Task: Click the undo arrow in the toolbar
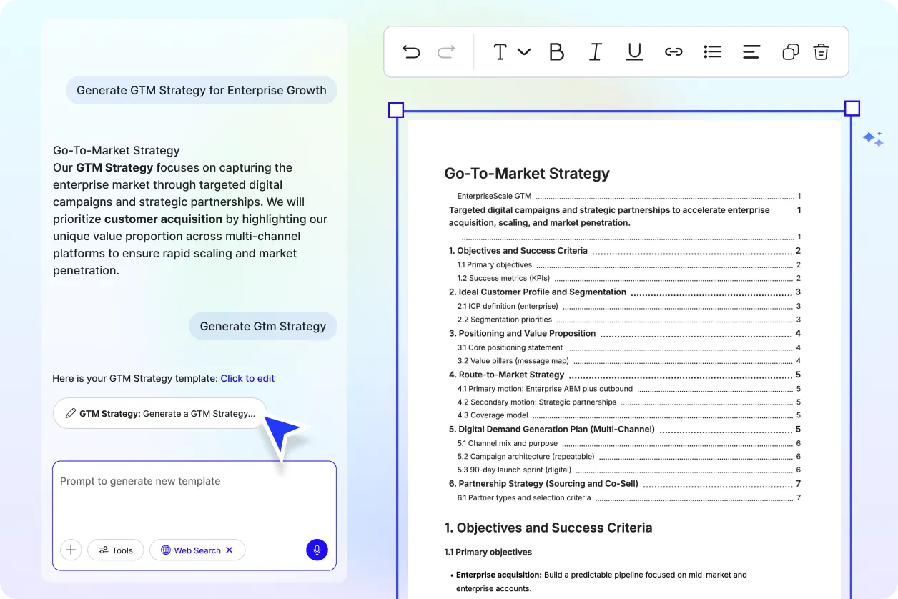(x=411, y=51)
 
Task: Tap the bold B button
(x=556, y=51)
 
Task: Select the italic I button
(x=595, y=51)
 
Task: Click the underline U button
(x=634, y=51)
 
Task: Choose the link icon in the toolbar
(x=673, y=51)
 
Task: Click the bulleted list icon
(x=712, y=51)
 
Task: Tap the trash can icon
(x=821, y=51)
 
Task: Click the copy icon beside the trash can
(x=790, y=51)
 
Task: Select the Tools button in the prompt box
(x=116, y=550)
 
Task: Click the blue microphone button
(x=317, y=550)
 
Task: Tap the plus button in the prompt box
(x=71, y=550)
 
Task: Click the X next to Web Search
(x=230, y=550)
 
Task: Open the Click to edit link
(x=247, y=378)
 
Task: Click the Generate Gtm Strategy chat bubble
(x=262, y=326)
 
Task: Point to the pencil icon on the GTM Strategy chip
(x=70, y=413)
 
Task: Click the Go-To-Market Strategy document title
(x=527, y=173)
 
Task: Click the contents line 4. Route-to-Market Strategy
(x=506, y=375)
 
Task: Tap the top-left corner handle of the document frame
(x=396, y=110)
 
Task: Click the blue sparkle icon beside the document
(x=873, y=139)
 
